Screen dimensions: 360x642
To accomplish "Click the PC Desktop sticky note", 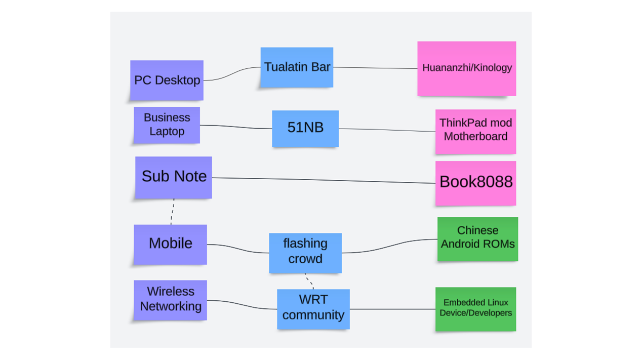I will click(167, 80).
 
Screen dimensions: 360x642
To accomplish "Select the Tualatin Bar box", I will click(297, 67).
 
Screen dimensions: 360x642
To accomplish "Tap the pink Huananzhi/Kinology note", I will click(466, 68).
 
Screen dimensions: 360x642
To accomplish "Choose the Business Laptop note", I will click(167, 125).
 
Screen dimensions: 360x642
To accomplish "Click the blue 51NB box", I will click(305, 128).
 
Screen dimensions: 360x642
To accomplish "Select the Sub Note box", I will click(173, 177).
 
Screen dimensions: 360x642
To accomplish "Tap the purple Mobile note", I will click(170, 244).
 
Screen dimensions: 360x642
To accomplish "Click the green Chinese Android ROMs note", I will click(477, 238).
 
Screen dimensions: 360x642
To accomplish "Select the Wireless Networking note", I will click(170, 299).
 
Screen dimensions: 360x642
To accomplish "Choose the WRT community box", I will click(313, 308).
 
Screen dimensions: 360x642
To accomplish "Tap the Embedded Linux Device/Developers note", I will click(475, 308).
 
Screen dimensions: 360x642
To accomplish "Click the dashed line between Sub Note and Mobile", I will click(172, 212).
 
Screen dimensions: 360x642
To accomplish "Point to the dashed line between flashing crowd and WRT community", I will click(309, 281).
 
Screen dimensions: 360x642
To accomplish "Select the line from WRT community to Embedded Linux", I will click(392, 309).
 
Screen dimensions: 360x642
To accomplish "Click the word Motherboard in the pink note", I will click(475, 137).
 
